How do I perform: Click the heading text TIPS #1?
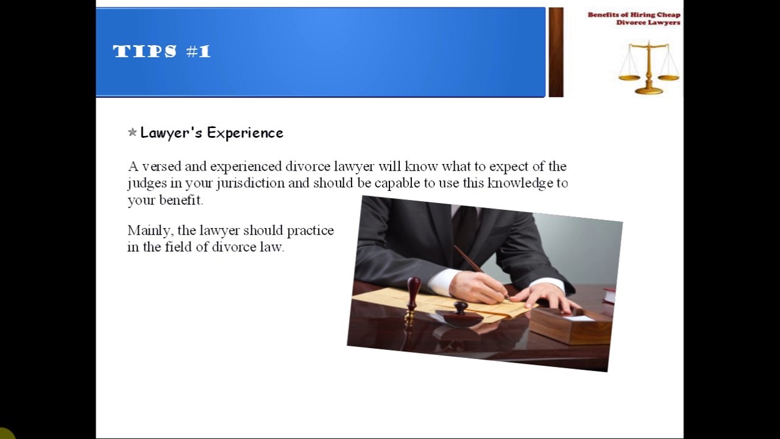tap(161, 51)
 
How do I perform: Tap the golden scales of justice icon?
tap(648, 68)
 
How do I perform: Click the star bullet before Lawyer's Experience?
tap(132, 132)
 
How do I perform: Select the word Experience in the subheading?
tap(245, 133)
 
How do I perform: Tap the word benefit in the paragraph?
tap(181, 200)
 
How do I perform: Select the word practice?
tap(310, 231)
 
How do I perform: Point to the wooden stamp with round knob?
tap(414, 296)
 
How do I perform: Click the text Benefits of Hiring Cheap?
tap(634, 15)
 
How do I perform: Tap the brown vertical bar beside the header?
tap(556, 52)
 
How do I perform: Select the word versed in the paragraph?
tap(161, 166)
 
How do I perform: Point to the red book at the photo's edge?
tap(609, 295)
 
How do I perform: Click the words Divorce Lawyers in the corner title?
tap(648, 23)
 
